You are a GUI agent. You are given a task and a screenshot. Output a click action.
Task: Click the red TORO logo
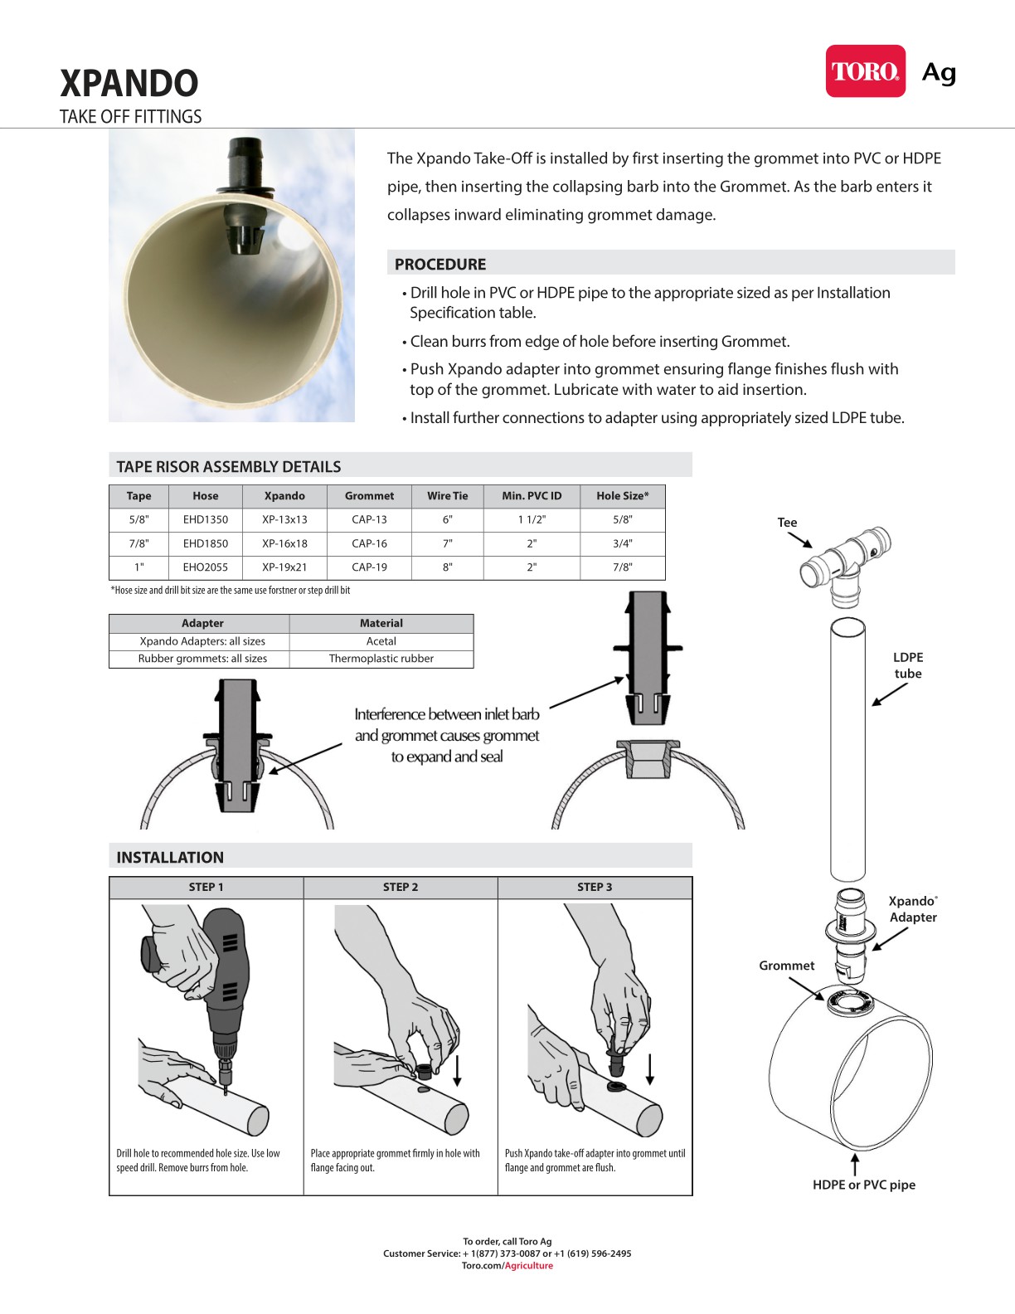coord(865,71)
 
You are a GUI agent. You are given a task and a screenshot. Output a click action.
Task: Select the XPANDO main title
coord(129,83)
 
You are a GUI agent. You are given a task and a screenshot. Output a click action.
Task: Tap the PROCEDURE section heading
coord(440,265)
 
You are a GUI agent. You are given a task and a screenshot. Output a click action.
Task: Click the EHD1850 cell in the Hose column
coord(205,543)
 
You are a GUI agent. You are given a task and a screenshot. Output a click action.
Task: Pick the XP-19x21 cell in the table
coord(284,567)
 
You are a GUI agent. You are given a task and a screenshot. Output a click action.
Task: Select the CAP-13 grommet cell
coord(369,519)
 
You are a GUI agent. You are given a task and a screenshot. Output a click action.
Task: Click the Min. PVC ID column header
coord(532,496)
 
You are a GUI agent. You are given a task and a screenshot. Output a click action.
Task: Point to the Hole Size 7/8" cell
coord(622,567)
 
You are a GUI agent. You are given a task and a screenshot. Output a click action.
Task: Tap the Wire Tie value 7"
coord(447,543)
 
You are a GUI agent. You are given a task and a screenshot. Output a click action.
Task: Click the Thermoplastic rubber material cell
coord(381,659)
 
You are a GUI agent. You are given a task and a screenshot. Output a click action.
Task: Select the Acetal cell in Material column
coord(381,641)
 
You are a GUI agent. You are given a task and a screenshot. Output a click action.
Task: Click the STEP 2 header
coord(401,887)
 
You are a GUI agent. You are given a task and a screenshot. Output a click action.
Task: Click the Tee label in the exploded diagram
coord(787,523)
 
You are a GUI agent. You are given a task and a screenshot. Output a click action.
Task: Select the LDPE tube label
coord(908,665)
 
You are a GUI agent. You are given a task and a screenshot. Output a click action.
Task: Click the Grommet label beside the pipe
coord(786,966)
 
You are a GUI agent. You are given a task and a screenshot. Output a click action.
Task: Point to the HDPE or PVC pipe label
coord(864,1185)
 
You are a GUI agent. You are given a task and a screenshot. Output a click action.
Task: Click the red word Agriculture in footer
coord(529,1266)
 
